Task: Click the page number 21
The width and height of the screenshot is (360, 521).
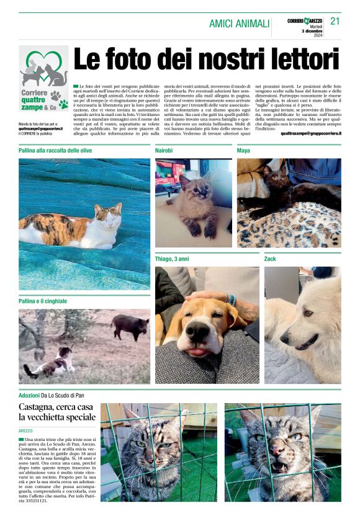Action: [335, 21]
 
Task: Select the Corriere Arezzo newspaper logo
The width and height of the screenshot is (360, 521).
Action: [305, 21]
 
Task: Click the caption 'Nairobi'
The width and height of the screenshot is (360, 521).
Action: [164, 151]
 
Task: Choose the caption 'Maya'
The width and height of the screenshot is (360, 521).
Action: [243, 151]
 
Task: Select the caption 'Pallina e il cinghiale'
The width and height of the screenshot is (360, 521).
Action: [43, 301]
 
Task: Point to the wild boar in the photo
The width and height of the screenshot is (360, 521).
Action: [131, 326]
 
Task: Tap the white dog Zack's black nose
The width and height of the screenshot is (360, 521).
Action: [283, 340]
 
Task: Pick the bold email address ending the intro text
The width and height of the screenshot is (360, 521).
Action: [310, 133]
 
